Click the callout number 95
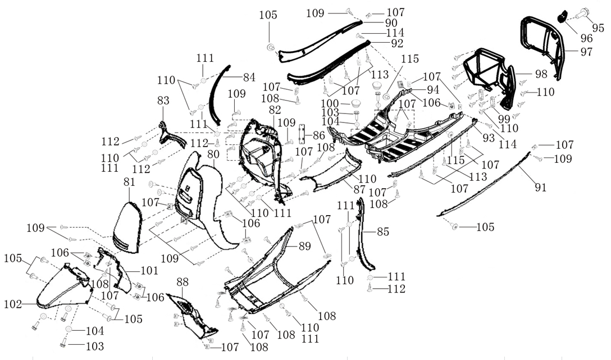point(598,28)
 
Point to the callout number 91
point(540,188)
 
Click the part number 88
point(182,281)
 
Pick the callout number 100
point(329,104)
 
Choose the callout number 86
point(318,135)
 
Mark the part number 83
point(163,101)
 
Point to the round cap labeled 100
point(355,104)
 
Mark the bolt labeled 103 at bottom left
point(62,341)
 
